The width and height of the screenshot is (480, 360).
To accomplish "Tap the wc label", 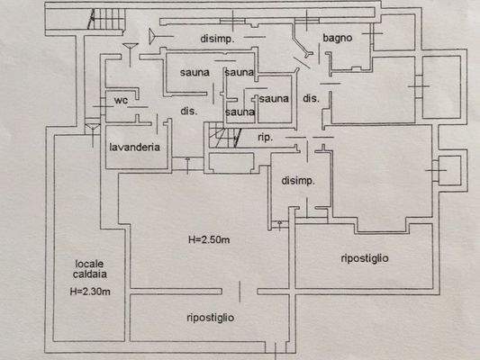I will click(119, 101).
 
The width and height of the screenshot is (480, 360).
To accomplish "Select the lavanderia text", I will click(134, 147).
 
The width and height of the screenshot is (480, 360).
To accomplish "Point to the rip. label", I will click(266, 137).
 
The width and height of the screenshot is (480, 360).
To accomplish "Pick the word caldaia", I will click(88, 274).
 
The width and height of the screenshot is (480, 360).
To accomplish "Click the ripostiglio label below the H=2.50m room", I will click(210, 317).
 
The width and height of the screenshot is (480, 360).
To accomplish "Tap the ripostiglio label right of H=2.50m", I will click(365, 258).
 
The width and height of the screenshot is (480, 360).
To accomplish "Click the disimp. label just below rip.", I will click(298, 181).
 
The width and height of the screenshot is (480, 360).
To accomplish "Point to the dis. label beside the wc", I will click(188, 111).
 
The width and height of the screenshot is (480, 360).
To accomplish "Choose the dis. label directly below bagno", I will click(311, 98).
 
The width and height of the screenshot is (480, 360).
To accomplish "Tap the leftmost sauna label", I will click(195, 72).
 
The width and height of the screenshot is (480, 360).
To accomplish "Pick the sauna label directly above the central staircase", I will click(240, 112).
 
